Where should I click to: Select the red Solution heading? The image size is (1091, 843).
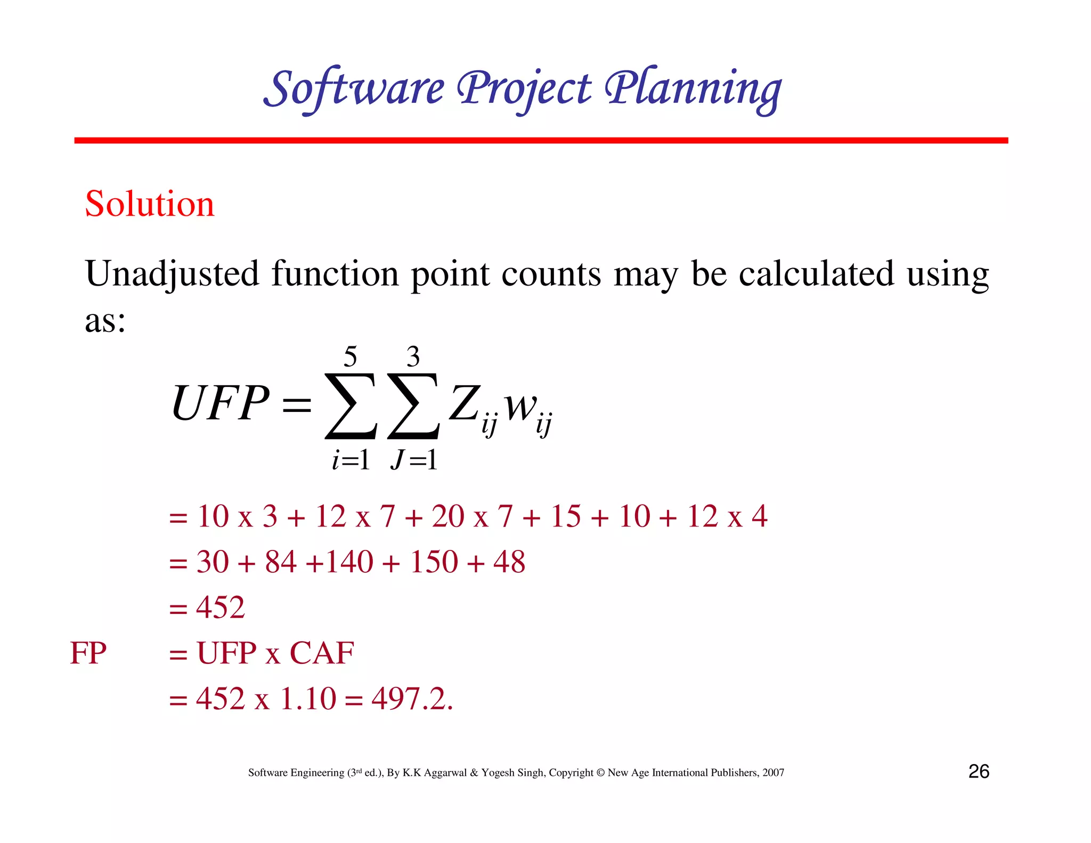(150, 204)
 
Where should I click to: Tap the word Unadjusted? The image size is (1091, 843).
(172, 274)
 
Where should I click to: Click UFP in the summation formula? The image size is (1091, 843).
(220, 403)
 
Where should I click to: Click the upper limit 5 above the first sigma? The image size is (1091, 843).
(350, 356)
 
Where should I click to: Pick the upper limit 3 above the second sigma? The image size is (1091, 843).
(413, 356)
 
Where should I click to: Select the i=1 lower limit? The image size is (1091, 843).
(351, 459)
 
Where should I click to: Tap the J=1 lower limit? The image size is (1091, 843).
(414, 459)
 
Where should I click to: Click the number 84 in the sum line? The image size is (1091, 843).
(281, 562)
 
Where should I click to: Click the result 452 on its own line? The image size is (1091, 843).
(221, 607)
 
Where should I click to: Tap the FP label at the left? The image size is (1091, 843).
(88, 653)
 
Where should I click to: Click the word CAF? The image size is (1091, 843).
(322, 653)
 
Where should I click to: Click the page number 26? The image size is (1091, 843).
(979, 772)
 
